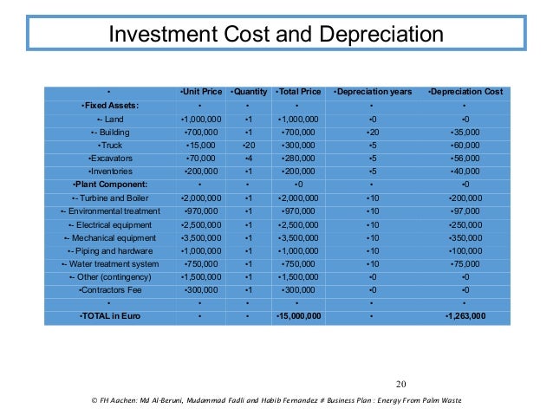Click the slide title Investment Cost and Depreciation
tap(275, 36)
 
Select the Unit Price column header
tap(201, 92)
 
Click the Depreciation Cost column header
tap(465, 92)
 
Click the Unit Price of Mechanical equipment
tap(201, 237)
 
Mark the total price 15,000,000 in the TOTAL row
tap(298, 316)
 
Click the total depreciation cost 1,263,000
tap(465, 316)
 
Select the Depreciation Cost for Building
tap(465, 132)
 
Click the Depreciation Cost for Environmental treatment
tap(465, 211)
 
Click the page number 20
tap(400, 385)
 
